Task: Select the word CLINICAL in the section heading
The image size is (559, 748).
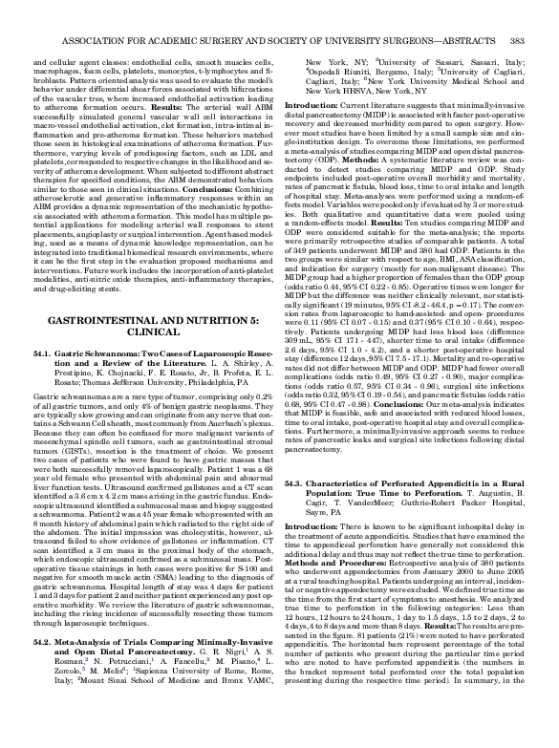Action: (148, 300)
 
